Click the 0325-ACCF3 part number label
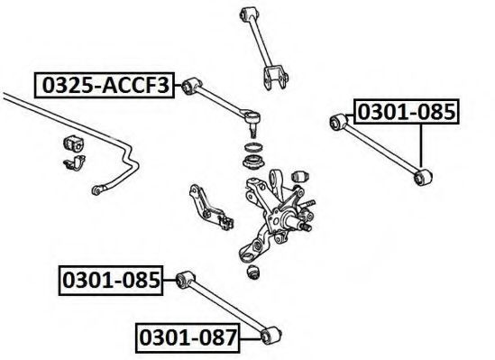tap(105, 85)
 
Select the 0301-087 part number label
tap(188, 337)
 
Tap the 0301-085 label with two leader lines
tap(407, 112)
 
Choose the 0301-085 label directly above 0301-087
tap(111, 281)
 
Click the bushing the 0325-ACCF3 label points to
tap(190, 86)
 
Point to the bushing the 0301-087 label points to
tap(271, 336)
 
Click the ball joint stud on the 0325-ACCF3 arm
tap(252, 129)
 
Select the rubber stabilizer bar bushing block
tap(74, 143)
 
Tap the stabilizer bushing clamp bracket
tap(75, 162)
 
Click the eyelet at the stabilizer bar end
tap(96, 190)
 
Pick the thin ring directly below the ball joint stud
tap(253, 147)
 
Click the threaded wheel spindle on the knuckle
tap(307, 226)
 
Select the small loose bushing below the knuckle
tap(252, 272)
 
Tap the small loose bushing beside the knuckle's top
tap(300, 177)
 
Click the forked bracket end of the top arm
tap(275, 78)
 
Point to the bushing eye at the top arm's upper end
tap(249, 14)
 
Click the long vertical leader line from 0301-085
tap(421, 145)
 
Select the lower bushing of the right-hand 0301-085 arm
tap(423, 177)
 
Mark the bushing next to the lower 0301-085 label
tap(185, 280)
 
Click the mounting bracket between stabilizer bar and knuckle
tap(211, 208)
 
